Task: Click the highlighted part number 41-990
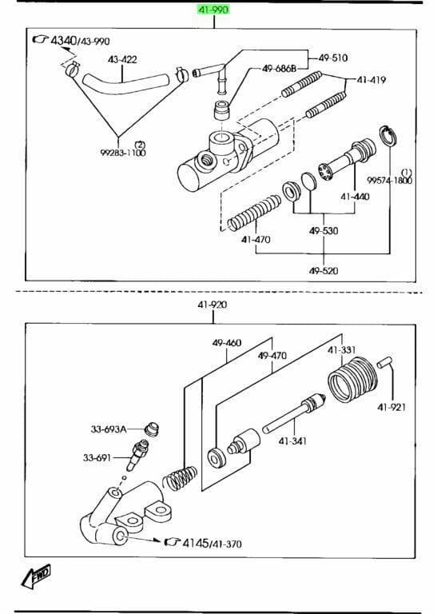pyautogui.click(x=213, y=9)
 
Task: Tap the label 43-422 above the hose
pyautogui.click(x=122, y=59)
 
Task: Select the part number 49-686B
pyautogui.click(x=279, y=69)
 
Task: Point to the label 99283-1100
pyautogui.click(x=123, y=153)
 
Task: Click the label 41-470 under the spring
pyautogui.click(x=256, y=239)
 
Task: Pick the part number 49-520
pyautogui.click(x=324, y=270)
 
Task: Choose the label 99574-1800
pyautogui.click(x=390, y=180)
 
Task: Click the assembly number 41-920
pyautogui.click(x=213, y=305)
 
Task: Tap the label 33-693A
pyautogui.click(x=109, y=429)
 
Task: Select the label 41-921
pyautogui.click(x=391, y=407)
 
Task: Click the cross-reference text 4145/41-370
pyautogui.click(x=212, y=543)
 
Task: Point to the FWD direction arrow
pyautogui.click(x=36, y=576)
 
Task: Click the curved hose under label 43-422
pyautogui.click(x=125, y=84)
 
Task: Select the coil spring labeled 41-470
pyautogui.click(x=254, y=213)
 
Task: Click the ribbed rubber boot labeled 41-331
pyautogui.click(x=352, y=379)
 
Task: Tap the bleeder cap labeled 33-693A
pyautogui.click(x=153, y=429)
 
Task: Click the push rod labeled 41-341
pyautogui.click(x=294, y=414)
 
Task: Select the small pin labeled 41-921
pyautogui.click(x=384, y=362)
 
